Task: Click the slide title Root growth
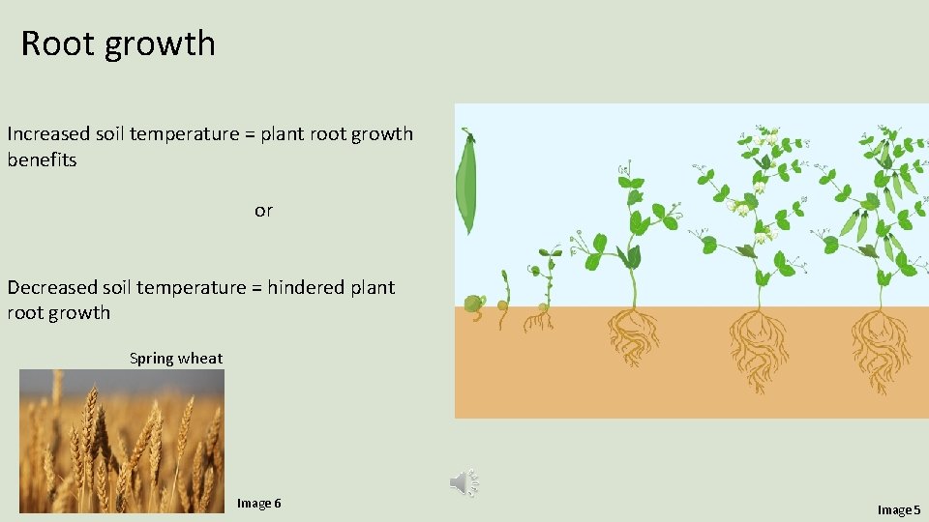tap(118, 43)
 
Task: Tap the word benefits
tap(42, 160)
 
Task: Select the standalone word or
tap(263, 211)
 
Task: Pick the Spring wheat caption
tap(176, 359)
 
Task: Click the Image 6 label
tap(258, 504)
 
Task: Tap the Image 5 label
tap(899, 509)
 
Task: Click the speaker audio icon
tap(464, 482)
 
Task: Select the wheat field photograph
tap(122, 441)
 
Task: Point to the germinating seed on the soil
tap(473, 305)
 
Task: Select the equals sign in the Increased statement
tap(249, 134)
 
